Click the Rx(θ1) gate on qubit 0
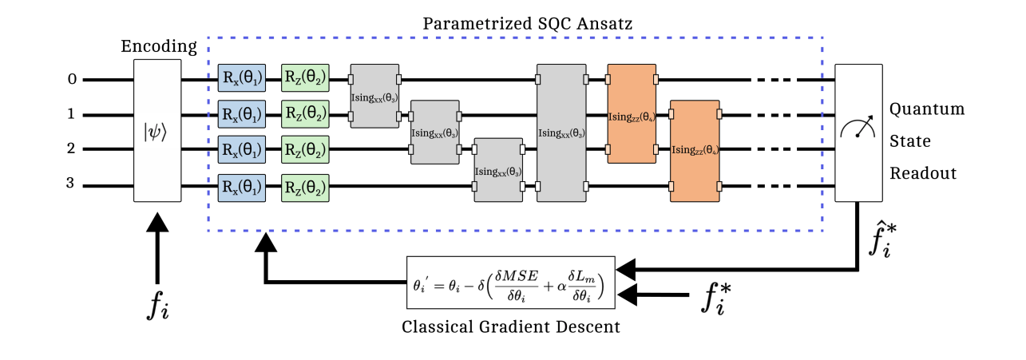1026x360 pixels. [241, 80]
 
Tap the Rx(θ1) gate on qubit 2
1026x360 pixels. [241, 149]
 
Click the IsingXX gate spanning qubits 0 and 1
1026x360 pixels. [374, 96]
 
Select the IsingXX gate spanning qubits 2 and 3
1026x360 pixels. [498, 169]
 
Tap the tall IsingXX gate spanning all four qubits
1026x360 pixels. [561, 133]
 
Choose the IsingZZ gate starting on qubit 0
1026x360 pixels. [632, 114]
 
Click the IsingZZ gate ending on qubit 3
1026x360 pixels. [695, 150]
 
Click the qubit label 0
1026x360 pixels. [71, 79]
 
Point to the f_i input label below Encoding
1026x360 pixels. [158, 305]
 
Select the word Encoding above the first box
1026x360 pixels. [158, 46]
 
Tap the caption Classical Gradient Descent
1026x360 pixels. [511, 326]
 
